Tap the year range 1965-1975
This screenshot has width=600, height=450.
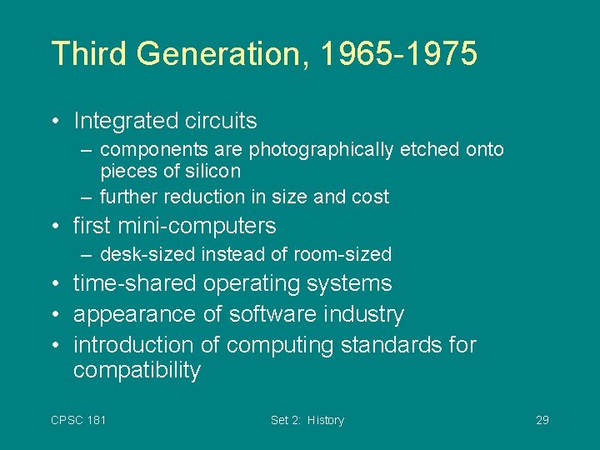[399, 53]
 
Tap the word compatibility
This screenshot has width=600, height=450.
[137, 372]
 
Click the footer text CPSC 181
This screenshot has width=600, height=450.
[78, 420]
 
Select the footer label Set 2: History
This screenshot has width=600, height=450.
[307, 420]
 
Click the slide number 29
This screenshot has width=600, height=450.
[542, 420]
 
